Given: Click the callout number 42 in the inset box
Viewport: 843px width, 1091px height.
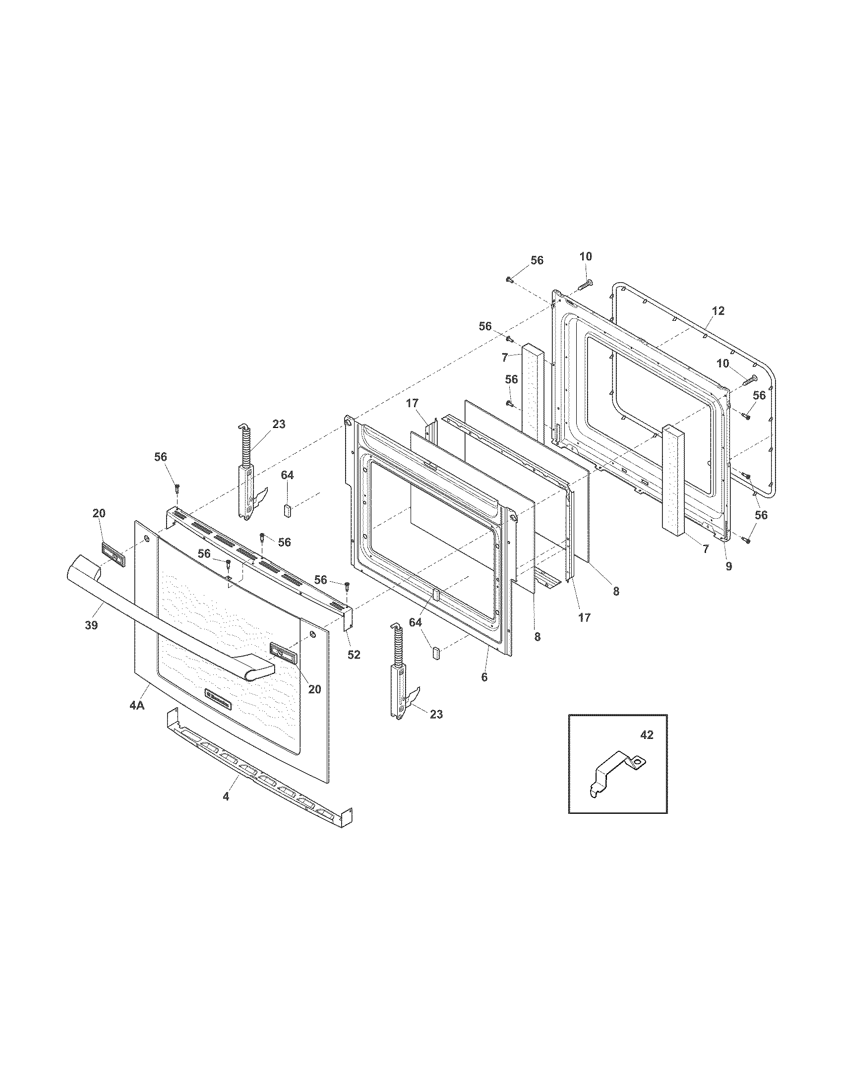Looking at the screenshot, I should (646, 736).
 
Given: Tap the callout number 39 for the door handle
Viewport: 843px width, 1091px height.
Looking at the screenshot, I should (91, 625).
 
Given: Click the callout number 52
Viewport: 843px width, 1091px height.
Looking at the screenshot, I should (354, 655).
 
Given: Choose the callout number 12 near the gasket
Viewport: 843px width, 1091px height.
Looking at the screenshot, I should (718, 311).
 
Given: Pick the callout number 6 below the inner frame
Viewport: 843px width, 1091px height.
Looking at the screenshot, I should (484, 677).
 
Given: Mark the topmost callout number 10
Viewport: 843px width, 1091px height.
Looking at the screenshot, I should (586, 256).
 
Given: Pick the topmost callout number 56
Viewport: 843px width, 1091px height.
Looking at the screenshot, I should (537, 260).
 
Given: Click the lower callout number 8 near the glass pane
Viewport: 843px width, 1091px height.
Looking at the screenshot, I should (537, 637).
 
